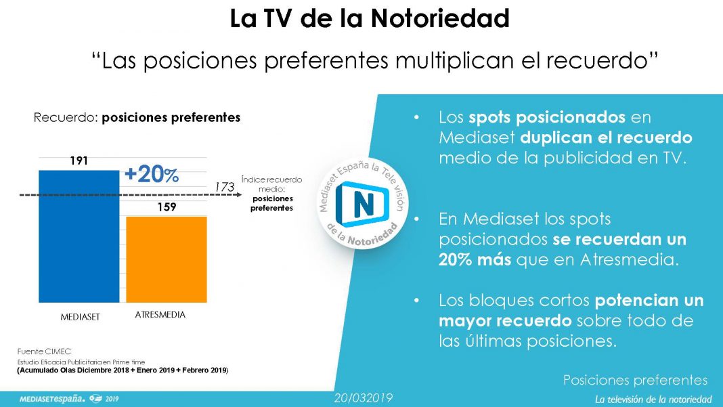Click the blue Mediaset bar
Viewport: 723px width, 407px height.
tap(79, 236)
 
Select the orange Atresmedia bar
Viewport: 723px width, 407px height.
tap(167, 259)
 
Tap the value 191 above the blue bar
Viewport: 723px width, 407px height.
tap(79, 160)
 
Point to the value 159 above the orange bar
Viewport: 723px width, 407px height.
tap(167, 207)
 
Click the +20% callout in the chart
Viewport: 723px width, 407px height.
tap(151, 175)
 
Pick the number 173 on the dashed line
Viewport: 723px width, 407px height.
tap(225, 187)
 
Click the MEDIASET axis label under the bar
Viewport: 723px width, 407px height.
tap(81, 317)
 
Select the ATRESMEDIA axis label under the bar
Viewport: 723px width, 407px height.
tap(160, 315)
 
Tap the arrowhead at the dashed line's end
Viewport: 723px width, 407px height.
tap(239, 195)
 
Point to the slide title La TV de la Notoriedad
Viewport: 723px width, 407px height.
tap(370, 19)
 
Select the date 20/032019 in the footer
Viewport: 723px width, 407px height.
tap(364, 398)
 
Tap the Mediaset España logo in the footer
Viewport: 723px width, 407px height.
tap(69, 399)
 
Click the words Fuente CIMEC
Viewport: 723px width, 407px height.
tap(44, 351)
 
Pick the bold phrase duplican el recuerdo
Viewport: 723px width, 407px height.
tap(607, 137)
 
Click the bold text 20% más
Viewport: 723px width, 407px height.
tap(475, 260)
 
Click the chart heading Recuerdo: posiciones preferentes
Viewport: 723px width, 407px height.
tap(137, 118)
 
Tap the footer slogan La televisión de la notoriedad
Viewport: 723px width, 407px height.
tap(653, 399)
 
